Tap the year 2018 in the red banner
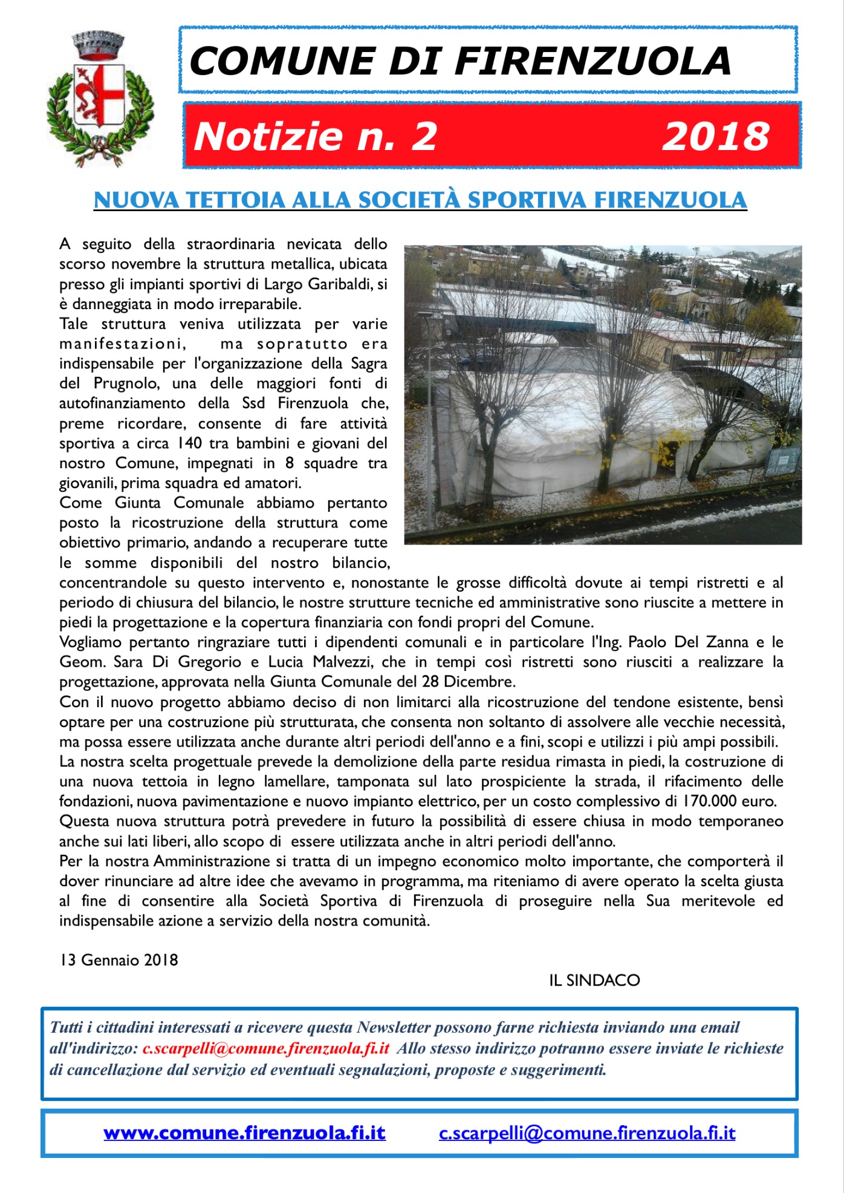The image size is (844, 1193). click(x=716, y=136)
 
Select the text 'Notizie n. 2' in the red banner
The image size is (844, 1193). click(x=315, y=136)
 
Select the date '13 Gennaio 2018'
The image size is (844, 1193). click(x=118, y=960)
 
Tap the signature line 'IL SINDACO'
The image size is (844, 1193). click(x=594, y=980)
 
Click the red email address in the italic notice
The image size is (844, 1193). click(x=266, y=1048)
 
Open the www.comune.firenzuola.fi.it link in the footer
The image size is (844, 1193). click(x=244, y=1133)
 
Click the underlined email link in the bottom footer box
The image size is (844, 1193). click(x=586, y=1133)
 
